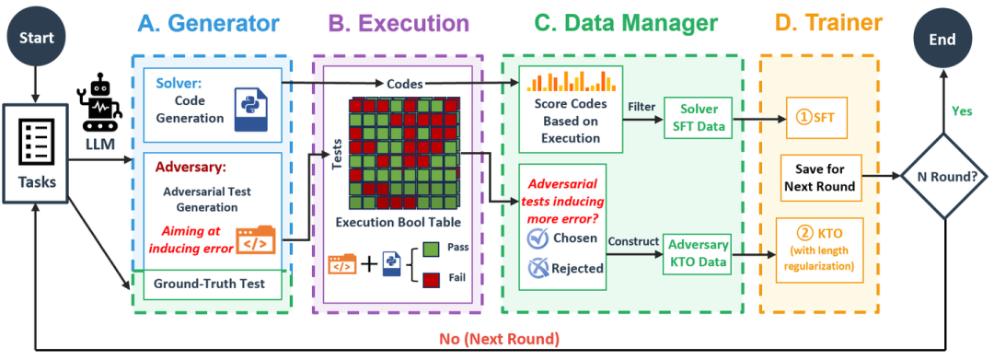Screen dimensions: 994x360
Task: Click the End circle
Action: (942, 39)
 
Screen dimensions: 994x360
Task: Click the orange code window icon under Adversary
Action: (256, 239)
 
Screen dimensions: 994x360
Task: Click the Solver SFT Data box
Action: (697, 119)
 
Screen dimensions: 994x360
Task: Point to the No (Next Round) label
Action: (497, 339)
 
